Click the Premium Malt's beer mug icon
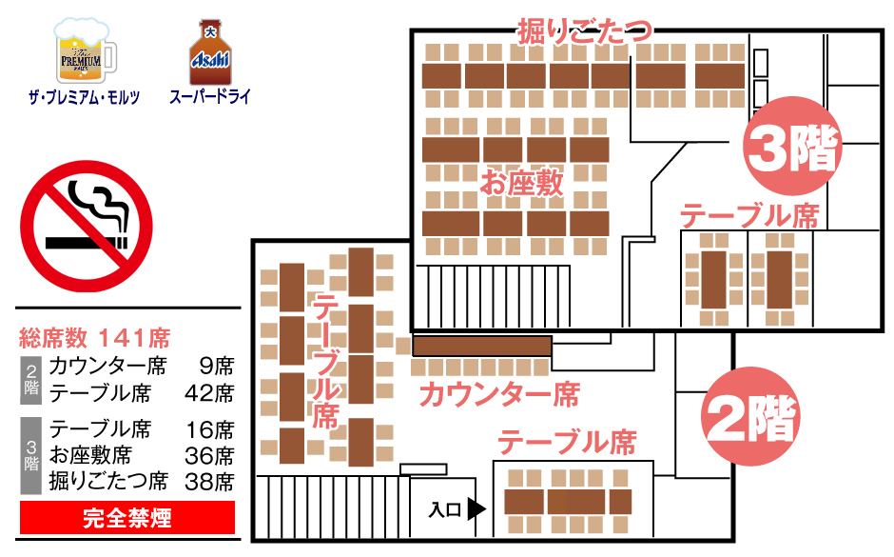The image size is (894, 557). pyautogui.click(x=85, y=50)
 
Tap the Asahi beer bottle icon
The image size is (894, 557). pyautogui.click(x=210, y=52)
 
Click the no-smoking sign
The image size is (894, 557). pyautogui.click(x=87, y=227)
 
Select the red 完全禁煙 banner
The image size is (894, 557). pyautogui.click(x=127, y=518)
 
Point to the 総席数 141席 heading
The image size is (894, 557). pyautogui.click(x=95, y=338)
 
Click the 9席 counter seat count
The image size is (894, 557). pyautogui.click(x=217, y=366)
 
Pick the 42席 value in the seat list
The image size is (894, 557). pyautogui.click(x=209, y=393)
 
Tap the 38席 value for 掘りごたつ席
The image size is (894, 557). pyautogui.click(x=209, y=482)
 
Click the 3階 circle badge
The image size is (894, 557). pyautogui.click(x=792, y=146)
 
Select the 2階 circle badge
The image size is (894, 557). pyautogui.click(x=750, y=417)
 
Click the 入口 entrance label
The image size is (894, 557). pyautogui.click(x=445, y=509)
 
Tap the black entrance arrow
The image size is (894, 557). pyautogui.click(x=476, y=509)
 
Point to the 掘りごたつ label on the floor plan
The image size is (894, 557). pyautogui.click(x=584, y=30)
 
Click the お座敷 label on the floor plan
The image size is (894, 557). pyautogui.click(x=521, y=183)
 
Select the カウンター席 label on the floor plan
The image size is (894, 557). pyautogui.click(x=499, y=395)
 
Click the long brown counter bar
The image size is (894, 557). pyautogui.click(x=482, y=347)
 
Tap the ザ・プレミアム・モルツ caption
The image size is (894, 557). pyautogui.click(x=85, y=97)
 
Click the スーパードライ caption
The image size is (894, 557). pyautogui.click(x=210, y=96)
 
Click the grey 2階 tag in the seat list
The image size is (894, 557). pyautogui.click(x=31, y=380)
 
